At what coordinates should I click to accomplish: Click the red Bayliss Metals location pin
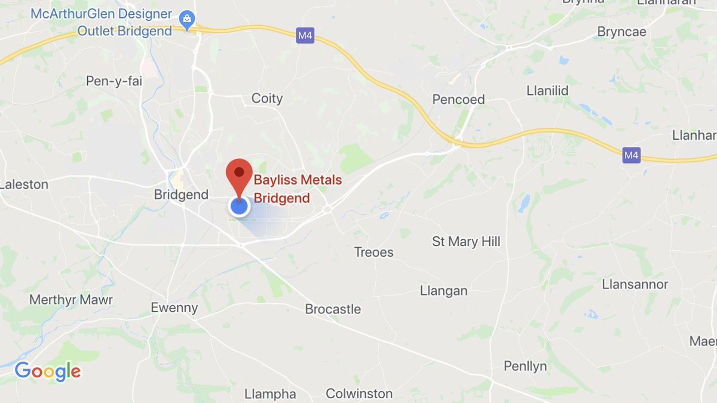(239, 174)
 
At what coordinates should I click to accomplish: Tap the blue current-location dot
(239, 207)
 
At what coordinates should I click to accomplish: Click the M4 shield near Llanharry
(631, 156)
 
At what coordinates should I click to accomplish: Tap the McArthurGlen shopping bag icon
(188, 20)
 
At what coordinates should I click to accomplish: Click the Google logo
(48, 371)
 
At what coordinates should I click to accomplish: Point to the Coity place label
(267, 99)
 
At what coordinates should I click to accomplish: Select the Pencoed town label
(458, 100)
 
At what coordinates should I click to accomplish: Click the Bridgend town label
(181, 195)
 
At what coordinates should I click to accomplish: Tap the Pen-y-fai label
(114, 81)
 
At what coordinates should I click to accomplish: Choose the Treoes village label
(374, 252)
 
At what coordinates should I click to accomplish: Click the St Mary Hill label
(466, 242)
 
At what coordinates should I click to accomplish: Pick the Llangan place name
(443, 291)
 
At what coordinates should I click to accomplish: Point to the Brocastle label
(333, 309)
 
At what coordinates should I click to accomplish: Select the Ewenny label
(174, 308)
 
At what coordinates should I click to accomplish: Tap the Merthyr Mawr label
(71, 300)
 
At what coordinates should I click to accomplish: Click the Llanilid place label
(547, 91)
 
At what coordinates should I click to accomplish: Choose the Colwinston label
(359, 394)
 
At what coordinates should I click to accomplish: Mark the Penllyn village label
(525, 366)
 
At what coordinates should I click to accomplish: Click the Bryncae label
(622, 32)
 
